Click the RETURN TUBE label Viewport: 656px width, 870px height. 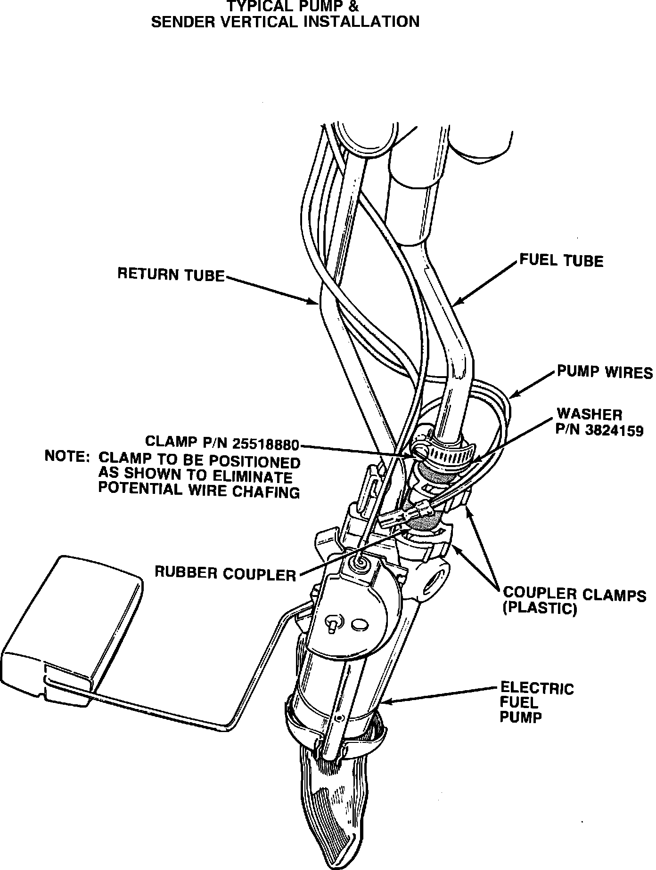point(171,274)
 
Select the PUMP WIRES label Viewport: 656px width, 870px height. point(605,372)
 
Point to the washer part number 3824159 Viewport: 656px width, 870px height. point(611,430)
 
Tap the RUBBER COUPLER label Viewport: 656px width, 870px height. point(225,574)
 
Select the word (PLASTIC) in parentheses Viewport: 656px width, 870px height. point(540,609)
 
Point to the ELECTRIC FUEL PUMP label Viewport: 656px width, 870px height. point(536,703)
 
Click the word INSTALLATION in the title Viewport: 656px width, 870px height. point(361,22)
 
